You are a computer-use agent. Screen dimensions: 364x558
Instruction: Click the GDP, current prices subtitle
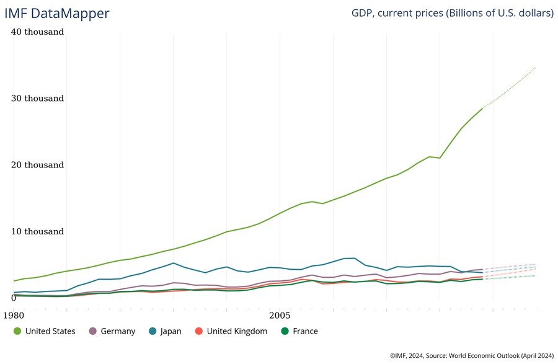(452, 13)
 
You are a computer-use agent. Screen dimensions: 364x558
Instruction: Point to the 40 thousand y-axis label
(38, 32)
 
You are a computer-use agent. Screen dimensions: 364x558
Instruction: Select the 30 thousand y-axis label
(38, 98)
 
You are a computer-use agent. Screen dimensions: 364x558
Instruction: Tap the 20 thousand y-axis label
(38, 165)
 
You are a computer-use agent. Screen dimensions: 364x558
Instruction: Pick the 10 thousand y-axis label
(38, 231)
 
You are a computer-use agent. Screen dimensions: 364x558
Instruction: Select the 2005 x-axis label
(280, 314)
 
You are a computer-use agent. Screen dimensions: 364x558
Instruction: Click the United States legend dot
(17, 331)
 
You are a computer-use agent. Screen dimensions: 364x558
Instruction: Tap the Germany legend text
(117, 331)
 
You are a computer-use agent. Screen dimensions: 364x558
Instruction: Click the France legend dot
(285, 331)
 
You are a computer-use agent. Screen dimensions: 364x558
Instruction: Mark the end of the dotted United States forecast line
(535, 67)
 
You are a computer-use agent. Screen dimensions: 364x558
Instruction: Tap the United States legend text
(50, 331)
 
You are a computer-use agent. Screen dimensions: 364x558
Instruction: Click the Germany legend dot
(94, 331)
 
